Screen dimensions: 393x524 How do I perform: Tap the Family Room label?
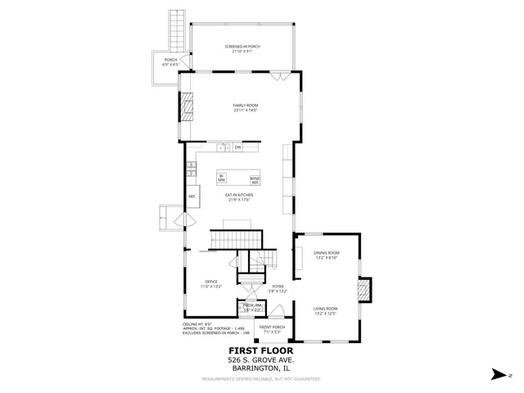click(245, 108)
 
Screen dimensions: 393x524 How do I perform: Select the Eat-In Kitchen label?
click(240, 196)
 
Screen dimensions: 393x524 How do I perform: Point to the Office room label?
click(211, 284)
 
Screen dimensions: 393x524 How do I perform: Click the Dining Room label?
click(327, 255)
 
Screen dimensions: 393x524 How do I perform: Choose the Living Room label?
click(326, 311)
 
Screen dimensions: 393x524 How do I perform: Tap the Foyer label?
click(278, 288)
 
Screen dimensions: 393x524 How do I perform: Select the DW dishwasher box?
click(237, 147)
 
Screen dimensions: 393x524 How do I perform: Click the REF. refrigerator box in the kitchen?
click(192, 196)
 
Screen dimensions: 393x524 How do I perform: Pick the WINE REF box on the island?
click(255, 179)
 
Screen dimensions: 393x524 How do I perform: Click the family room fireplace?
click(187, 107)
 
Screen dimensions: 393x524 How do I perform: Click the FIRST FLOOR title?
click(261, 350)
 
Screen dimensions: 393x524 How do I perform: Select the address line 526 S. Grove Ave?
click(261, 359)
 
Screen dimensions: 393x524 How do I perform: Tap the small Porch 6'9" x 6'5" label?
click(171, 61)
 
